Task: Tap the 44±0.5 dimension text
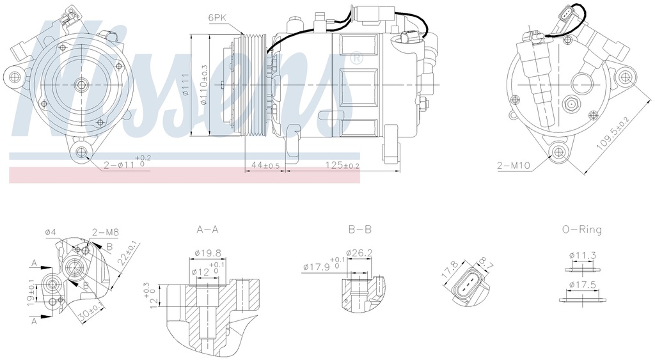click(265, 166)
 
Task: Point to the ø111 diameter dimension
click(184, 85)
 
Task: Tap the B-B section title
click(359, 229)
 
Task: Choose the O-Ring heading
click(581, 229)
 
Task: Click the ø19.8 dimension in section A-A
click(209, 253)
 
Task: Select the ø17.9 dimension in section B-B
click(317, 267)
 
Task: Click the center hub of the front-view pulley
click(81, 84)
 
